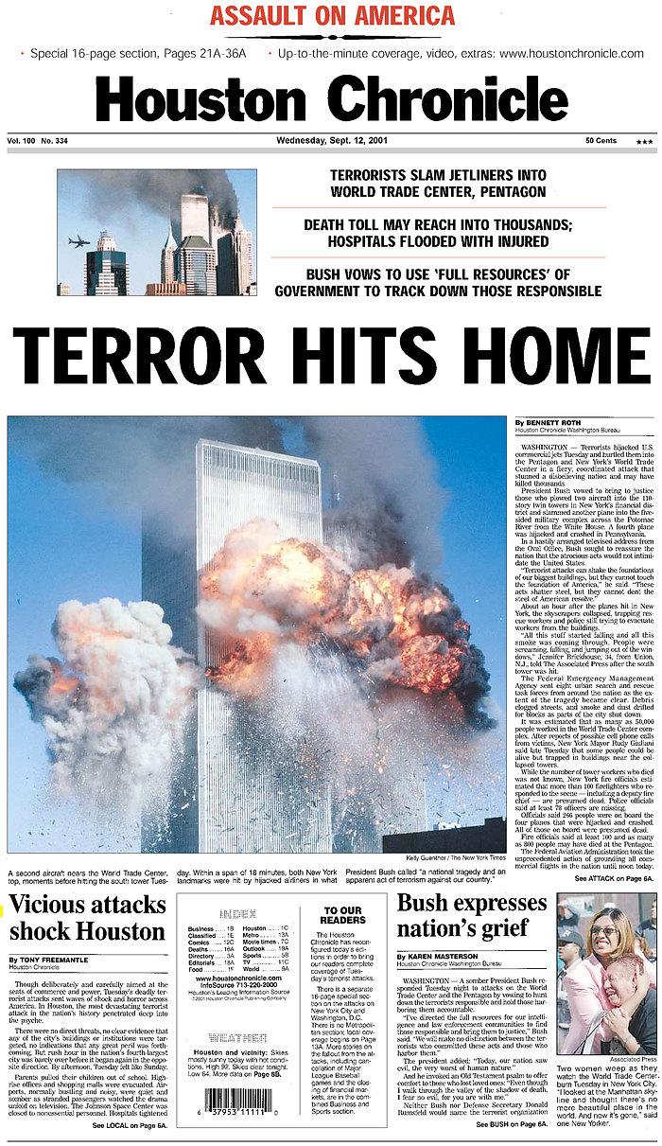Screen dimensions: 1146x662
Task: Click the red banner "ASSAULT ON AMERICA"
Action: point(332,16)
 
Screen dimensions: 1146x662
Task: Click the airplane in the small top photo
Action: point(79,241)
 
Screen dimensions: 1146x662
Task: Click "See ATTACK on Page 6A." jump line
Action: point(614,879)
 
